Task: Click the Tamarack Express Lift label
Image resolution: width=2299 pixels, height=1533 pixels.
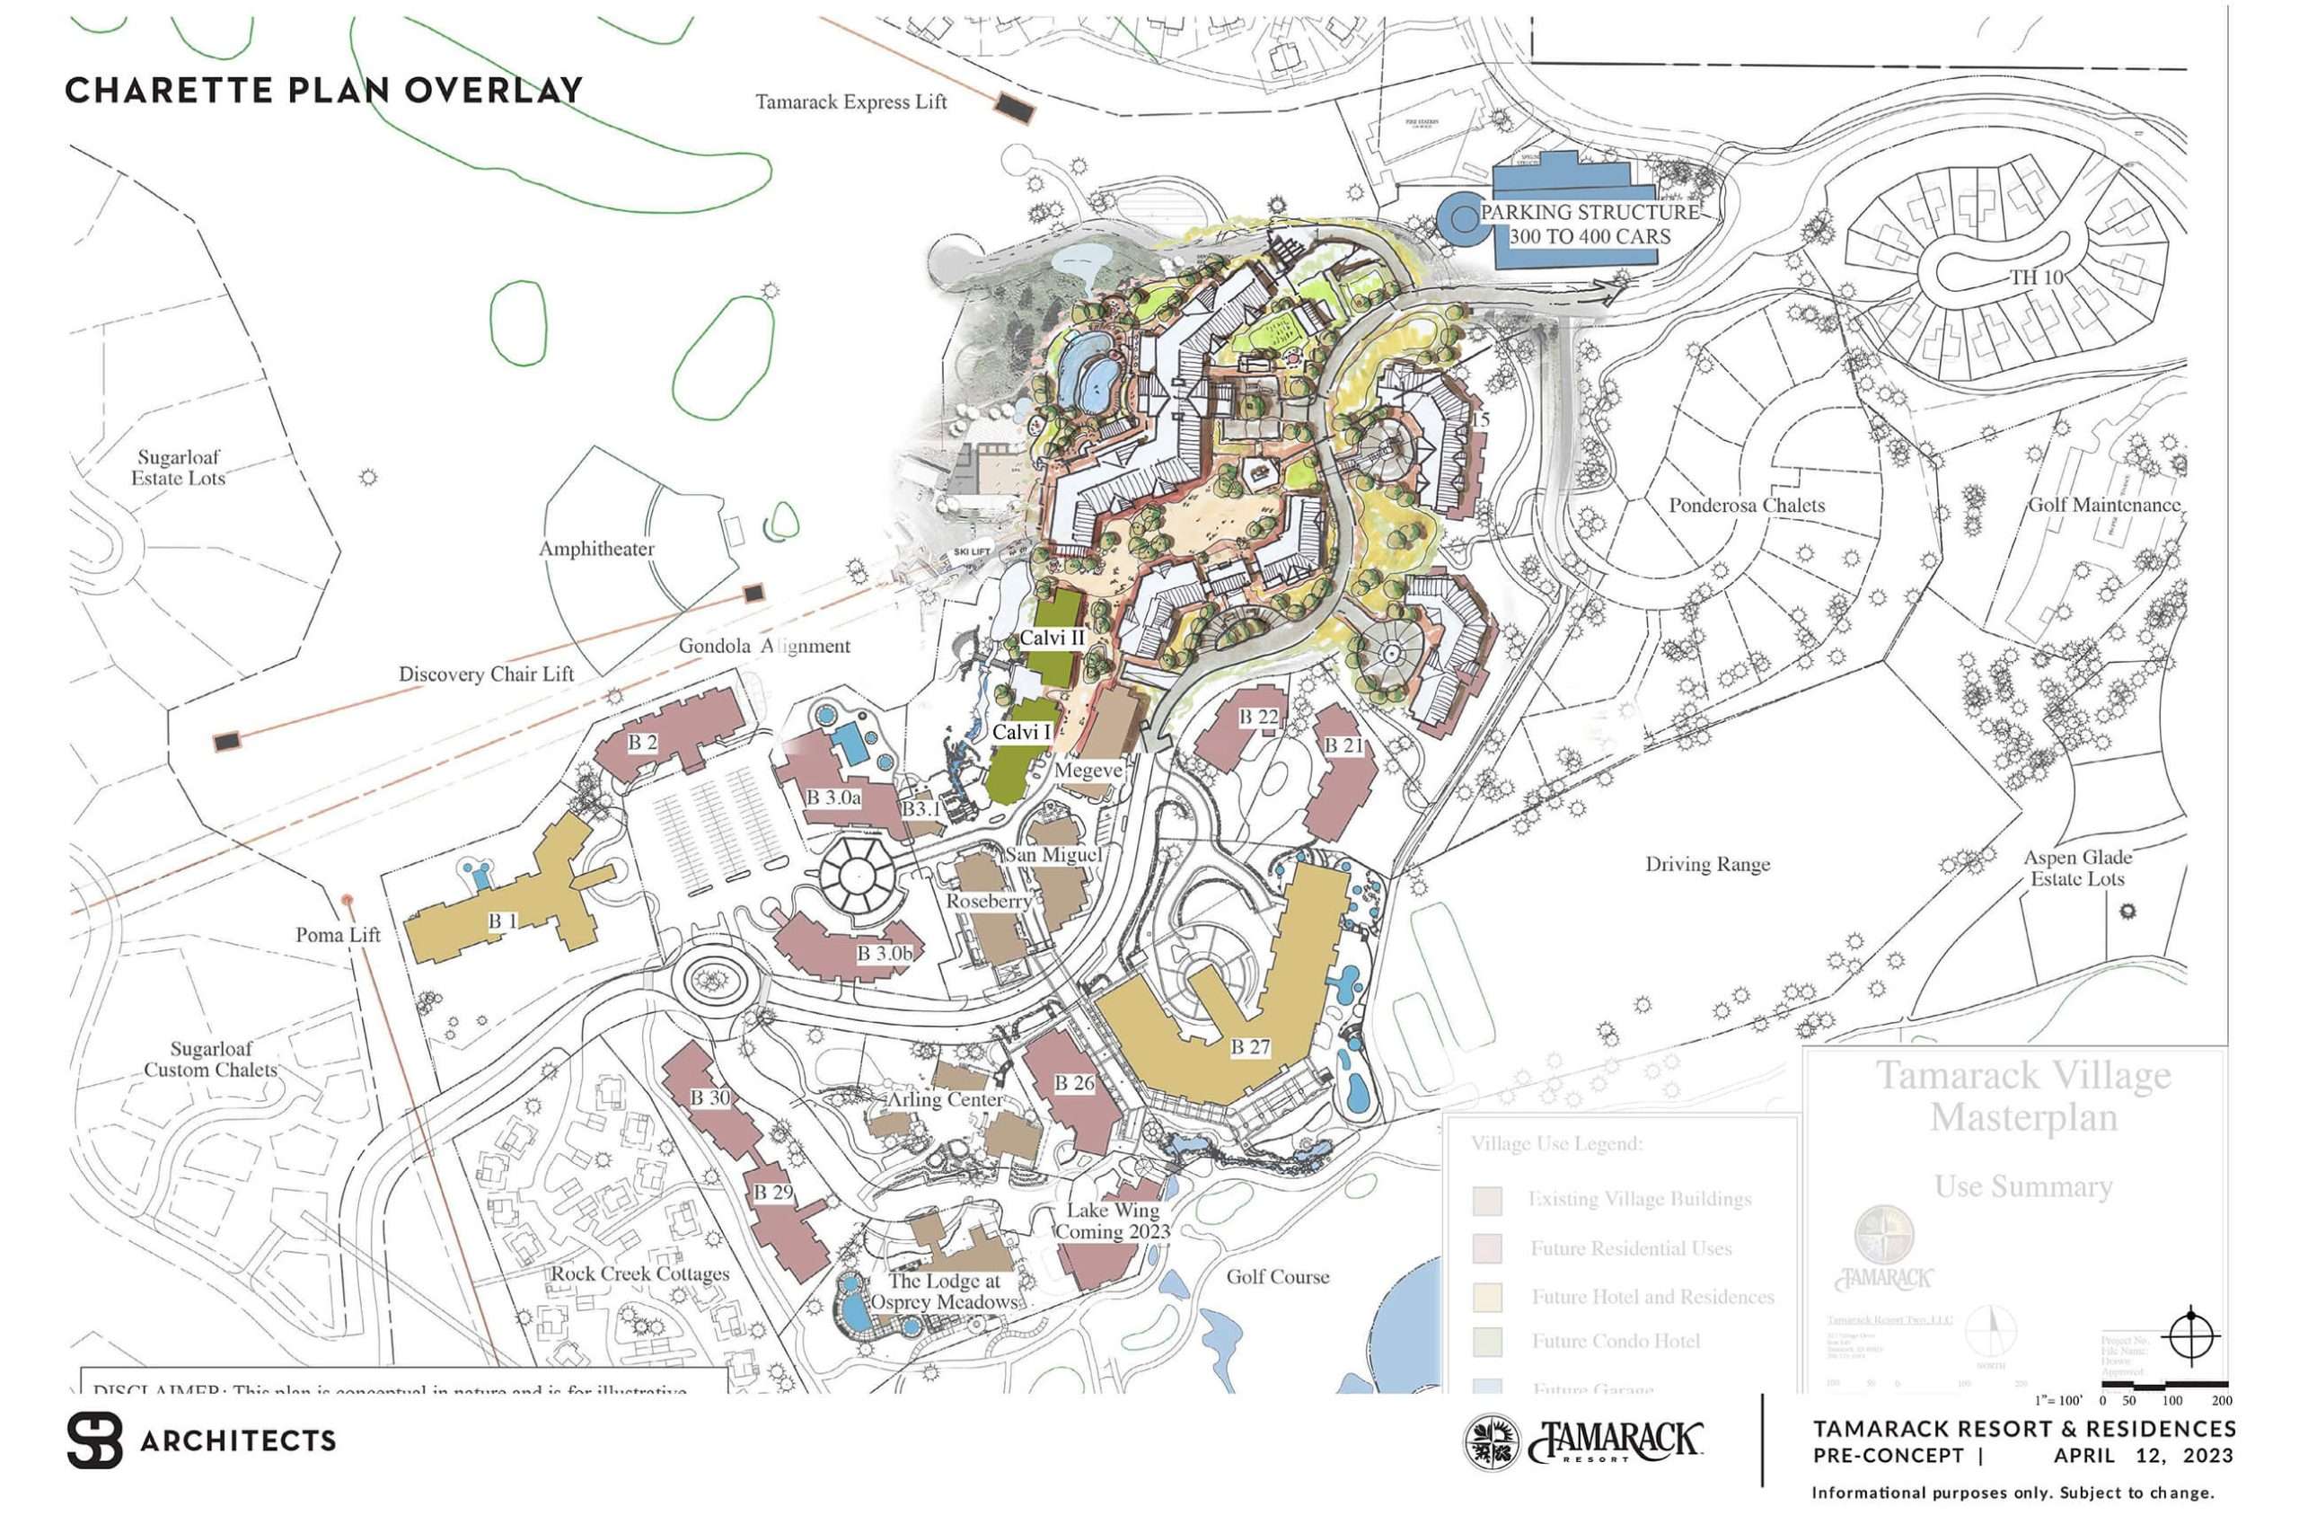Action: [x=850, y=101]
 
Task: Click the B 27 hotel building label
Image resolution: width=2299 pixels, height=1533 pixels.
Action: [x=1249, y=1047]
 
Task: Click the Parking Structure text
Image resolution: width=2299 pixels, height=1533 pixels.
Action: [x=1590, y=224]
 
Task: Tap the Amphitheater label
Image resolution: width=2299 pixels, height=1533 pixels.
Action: [x=596, y=549]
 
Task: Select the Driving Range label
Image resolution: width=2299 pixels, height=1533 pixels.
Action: [x=1706, y=864]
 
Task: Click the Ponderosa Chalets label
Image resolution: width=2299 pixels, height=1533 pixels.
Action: [x=1746, y=506]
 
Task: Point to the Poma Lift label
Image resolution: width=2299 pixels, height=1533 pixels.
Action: [x=338, y=935]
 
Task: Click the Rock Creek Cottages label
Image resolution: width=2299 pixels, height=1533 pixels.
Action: [x=640, y=1274]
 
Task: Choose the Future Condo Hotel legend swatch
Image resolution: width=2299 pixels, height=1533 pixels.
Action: [x=1487, y=1342]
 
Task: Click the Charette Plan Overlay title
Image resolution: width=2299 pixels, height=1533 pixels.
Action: [x=323, y=90]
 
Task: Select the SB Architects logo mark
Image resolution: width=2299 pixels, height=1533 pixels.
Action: [x=95, y=1440]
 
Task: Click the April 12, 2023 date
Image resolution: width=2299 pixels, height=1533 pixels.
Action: [x=2143, y=1456]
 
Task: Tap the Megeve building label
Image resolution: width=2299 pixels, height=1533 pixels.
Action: [x=1087, y=771]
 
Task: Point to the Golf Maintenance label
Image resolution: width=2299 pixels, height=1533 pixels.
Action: [x=2103, y=506]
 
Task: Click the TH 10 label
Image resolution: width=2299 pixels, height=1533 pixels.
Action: [x=2036, y=278]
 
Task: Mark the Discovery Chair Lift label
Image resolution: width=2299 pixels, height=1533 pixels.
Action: [x=486, y=674]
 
